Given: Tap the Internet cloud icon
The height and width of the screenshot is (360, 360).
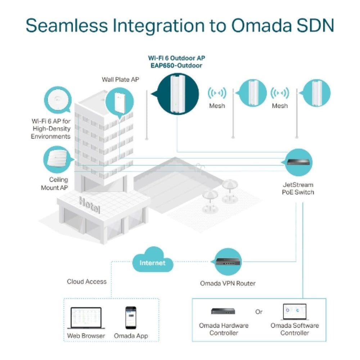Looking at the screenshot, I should (152, 263).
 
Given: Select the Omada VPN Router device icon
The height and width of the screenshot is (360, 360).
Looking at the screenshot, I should (228, 262).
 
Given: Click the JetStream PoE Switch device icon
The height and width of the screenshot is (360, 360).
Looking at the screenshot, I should (298, 162).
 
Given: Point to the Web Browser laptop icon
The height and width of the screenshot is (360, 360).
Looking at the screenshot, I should (86, 318).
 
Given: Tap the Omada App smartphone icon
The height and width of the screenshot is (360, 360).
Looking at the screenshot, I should (131, 318).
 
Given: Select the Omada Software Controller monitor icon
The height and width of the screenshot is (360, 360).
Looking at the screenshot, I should (294, 312).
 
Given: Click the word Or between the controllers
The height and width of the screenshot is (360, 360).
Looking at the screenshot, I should (259, 312).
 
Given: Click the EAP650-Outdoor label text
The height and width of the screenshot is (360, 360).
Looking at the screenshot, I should (177, 66).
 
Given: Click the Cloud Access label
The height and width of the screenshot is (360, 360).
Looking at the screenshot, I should (87, 282).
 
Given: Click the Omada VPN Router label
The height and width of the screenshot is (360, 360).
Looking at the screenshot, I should (228, 283).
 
